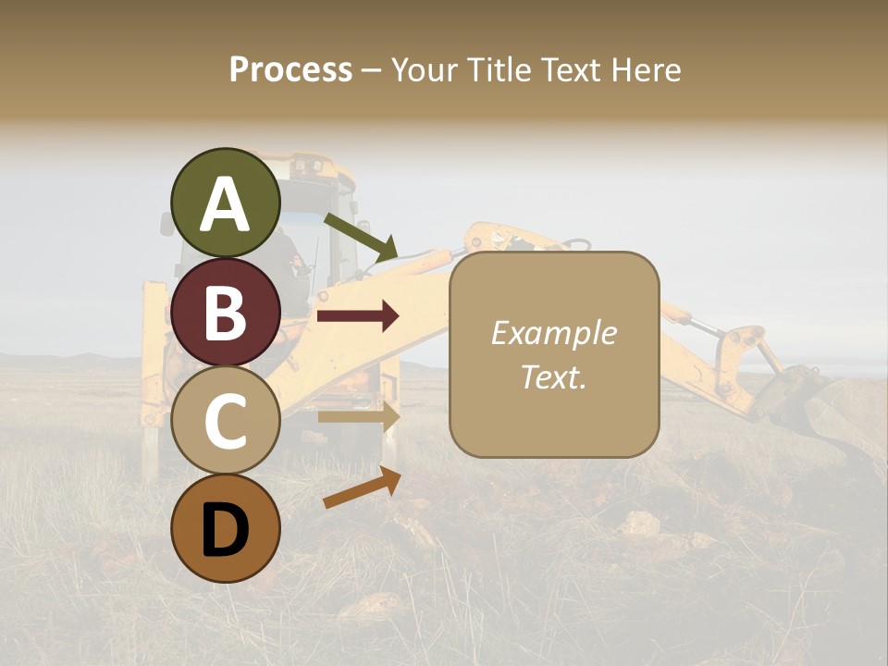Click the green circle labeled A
pyautogui.click(x=226, y=203)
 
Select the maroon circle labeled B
pyautogui.click(x=226, y=312)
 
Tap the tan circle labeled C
pyautogui.click(x=226, y=421)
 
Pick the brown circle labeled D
pyautogui.click(x=226, y=528)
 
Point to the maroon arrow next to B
pyautogui.click(x=358, y=316)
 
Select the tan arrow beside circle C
pyautogui.click(x=358, y=417)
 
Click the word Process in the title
pyautogui.click(x=290, y=69)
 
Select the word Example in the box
pyautogui.click(x=553, y=333)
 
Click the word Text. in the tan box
pyautogui.click(x=553, y=377)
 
